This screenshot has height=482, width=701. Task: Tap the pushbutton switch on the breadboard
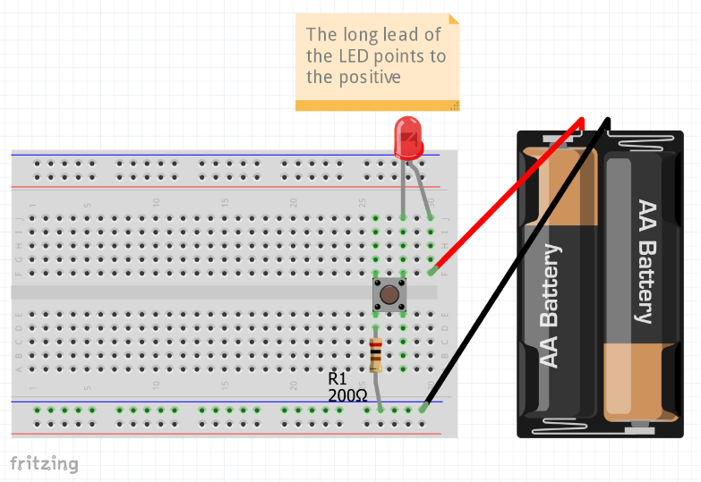tap(389, 294)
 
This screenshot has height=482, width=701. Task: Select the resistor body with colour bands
tap(376, 355)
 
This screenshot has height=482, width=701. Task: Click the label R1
tap(337, 378)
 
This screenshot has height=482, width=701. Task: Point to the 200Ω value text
tap(347, 393)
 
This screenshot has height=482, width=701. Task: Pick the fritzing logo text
tap(44, 463)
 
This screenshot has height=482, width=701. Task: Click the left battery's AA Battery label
tap(550, 305)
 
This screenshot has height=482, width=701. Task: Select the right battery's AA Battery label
tap(644, 260)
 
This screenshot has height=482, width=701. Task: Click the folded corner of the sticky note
tap(454, 18)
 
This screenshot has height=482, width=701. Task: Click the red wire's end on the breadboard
tap(432, 271)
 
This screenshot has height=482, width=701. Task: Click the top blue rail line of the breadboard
tap(224, 155)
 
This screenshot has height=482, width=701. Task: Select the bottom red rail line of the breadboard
tap(224, 434)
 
